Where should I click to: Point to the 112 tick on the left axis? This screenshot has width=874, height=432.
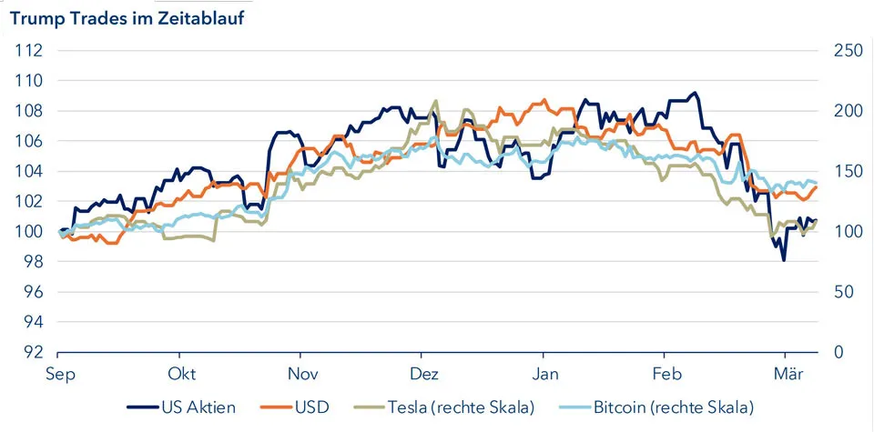pos(29,50)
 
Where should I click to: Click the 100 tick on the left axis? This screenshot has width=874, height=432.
pos(29,231)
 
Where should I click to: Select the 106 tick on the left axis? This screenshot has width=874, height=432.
pos(29,141)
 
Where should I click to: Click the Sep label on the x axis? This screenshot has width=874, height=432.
pos(58,374)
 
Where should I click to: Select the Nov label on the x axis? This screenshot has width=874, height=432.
pos(301,374)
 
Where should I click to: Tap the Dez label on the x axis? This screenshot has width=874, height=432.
pos(423,374)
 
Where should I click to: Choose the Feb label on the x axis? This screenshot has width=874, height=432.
pos(666,374)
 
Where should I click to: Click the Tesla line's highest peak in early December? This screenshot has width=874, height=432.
pos(436,101)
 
